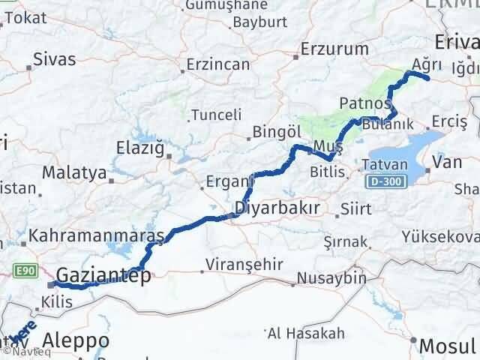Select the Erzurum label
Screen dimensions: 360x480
pos(335,49)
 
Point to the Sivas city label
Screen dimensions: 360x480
pos(55,58)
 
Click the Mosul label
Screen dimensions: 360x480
pos(448,346)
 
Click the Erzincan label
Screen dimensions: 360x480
pos(218,64)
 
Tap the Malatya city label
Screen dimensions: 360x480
pos(73,172)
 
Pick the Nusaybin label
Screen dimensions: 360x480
pos(331,278)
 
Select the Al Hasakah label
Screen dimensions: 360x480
pos(306,333)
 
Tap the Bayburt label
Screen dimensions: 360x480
pos(255,22)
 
